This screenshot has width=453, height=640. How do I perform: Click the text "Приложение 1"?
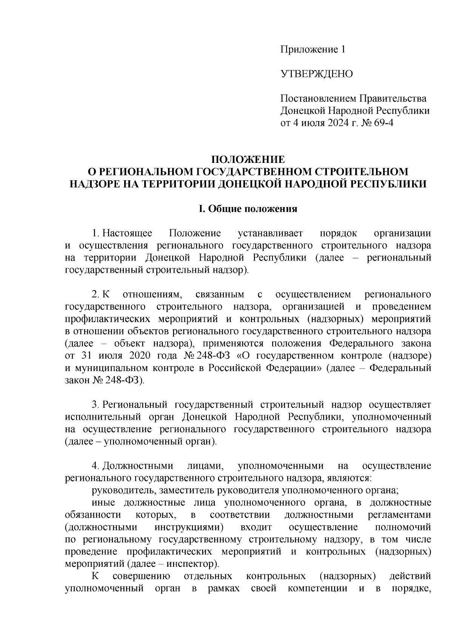tap(312, 49)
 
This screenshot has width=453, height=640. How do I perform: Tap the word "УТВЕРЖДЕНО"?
tap(316, 74)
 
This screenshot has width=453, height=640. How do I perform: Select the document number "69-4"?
tap(383, 123)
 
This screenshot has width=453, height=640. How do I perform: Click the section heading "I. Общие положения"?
tap(248, 209)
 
